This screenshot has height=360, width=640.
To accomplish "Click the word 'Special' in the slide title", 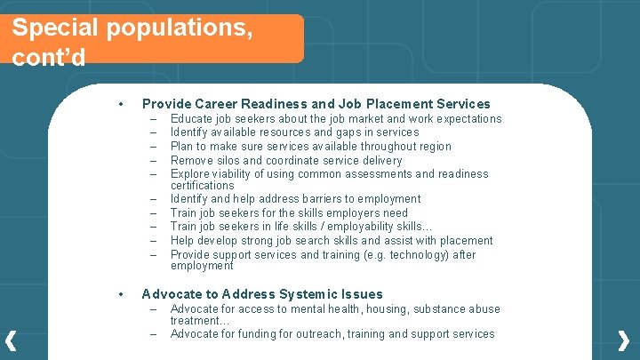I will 55,28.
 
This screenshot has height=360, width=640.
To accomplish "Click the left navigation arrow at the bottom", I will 11,340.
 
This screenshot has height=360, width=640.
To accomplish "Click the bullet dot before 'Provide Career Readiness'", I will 120,104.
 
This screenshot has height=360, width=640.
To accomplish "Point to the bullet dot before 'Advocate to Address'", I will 120,294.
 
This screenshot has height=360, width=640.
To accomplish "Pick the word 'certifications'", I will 202,185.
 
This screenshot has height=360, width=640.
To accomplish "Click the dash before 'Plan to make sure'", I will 154,146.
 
